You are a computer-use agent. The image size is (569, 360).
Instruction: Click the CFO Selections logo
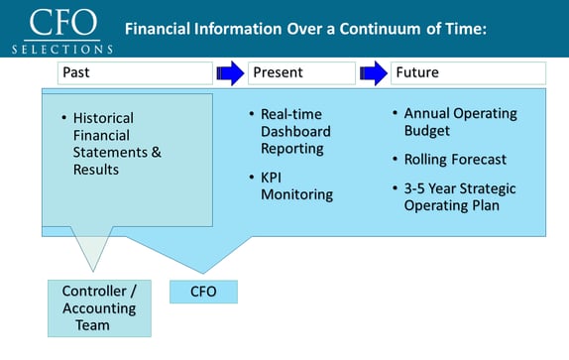tap(61, 31)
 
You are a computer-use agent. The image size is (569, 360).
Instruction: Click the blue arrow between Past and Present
tap(229, 72)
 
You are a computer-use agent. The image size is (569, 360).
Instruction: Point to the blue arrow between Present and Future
tap(374, 72)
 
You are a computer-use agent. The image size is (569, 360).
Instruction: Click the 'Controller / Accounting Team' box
tap(99, 307)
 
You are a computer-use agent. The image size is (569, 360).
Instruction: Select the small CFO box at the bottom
tap(204, 292)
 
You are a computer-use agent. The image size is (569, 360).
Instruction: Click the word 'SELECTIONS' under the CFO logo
tap(61, 48)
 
